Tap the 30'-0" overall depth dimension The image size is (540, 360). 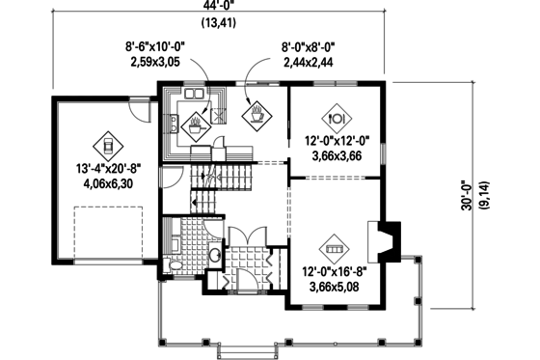click(467, 198)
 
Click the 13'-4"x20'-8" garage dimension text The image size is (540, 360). click(109, 170)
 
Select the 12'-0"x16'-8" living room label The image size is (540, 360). click(335, 271)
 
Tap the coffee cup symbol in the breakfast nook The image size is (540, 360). click(258, 116)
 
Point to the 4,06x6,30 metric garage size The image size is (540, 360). click(108, 186)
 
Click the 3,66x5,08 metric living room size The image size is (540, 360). click(335, 287)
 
